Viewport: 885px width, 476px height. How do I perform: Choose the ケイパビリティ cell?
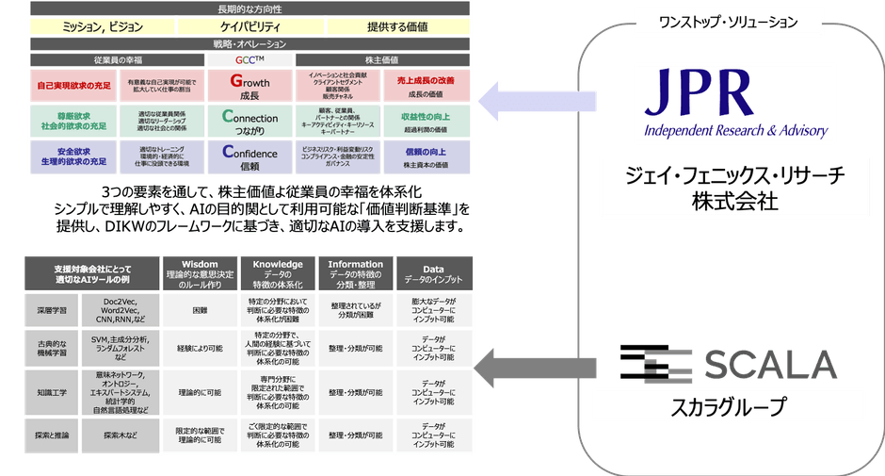[x=250, y=26]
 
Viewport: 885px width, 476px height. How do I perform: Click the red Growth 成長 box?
[x=249, y=89]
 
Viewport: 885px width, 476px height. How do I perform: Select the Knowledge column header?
[x=278, y=271]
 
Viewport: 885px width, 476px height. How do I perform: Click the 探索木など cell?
[x=121, y=436]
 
